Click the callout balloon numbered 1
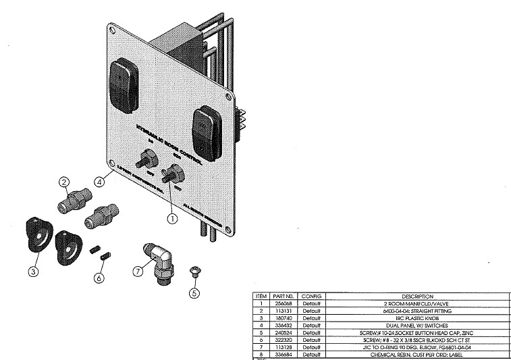(173, 218)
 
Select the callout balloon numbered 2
(64, 182)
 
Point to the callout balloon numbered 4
(99, 181)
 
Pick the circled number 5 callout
(194, 293)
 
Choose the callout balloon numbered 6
(99, 278)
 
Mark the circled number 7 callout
(139, 271)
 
